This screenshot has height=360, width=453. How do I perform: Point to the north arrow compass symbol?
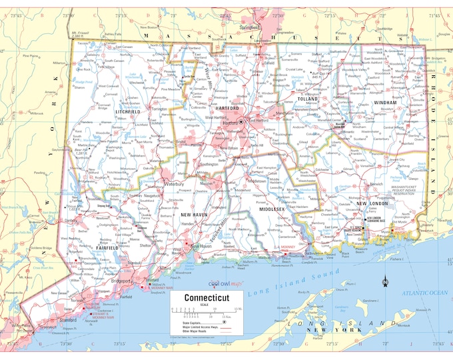385,283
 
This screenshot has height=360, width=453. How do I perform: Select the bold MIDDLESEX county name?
272,209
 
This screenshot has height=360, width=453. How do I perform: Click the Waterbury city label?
175,183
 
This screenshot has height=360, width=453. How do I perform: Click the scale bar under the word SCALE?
200,309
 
